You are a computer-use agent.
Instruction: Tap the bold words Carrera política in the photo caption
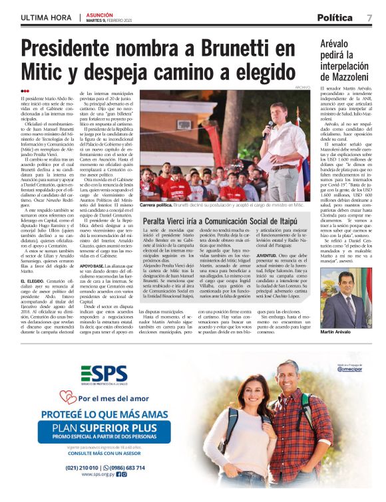[x=157, y=207]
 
